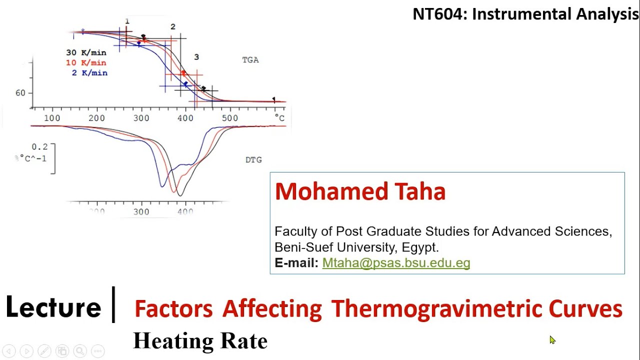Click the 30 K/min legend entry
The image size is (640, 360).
pos(86,52)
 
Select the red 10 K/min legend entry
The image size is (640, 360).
pos(86,62)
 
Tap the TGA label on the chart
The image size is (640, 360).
pos(250,60)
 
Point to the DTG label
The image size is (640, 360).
pos(253,160)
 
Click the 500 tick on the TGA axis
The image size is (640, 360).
pos(230,118)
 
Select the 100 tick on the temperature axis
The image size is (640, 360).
pos(52,118)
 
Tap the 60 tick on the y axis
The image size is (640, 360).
pos(20,93)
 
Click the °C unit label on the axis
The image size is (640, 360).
pos(279,118)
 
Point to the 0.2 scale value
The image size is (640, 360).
pos(39,147)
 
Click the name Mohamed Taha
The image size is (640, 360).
pos(360,191)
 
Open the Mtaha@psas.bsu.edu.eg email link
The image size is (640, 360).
pos(396,263)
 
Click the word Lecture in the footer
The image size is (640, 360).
pos(53,307)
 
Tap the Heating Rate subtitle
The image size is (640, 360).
pos(200,341)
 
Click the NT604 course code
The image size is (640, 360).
pos(440,14)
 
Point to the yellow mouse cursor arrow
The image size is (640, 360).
pos(552,340)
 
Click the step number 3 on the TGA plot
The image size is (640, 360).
pos(196,57)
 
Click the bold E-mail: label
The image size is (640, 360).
pos(296,263)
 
